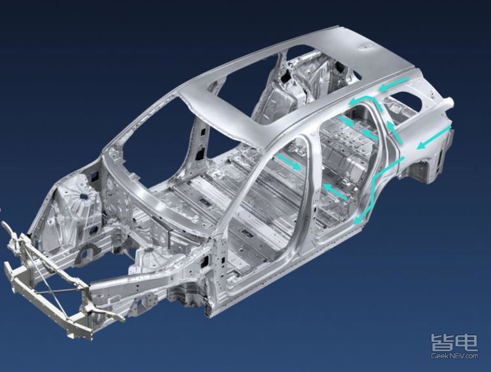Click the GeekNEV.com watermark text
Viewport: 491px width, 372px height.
[454, 356]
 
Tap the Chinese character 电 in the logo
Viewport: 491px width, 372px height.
[466, 343]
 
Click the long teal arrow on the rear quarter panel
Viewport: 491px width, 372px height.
[434, 138]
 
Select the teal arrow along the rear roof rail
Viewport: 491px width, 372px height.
[393, 84]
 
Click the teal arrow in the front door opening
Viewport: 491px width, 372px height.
[289, 162]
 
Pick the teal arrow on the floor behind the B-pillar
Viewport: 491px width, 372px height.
[335, 192]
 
